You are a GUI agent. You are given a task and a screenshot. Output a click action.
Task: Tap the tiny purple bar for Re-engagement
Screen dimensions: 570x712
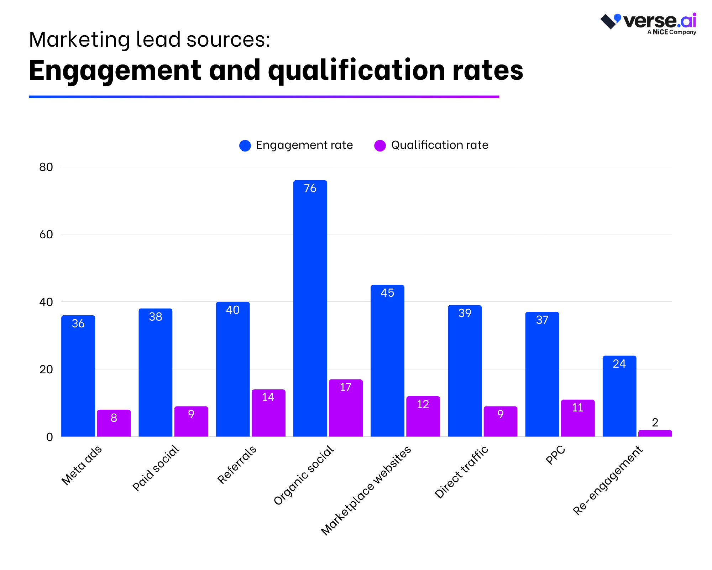click(x=655, y=433)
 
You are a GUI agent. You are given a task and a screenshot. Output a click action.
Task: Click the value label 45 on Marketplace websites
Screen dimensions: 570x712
click(x=387, y=293)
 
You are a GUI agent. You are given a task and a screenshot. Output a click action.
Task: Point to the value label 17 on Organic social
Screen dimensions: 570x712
click(x=345, y=387)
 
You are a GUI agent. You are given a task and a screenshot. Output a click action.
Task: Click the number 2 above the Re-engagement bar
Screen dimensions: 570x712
click(x=655, y=423)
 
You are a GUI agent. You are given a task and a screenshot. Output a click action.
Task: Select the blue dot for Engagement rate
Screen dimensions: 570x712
click(x=245, y=145)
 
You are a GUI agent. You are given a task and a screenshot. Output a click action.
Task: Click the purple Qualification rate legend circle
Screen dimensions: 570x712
click(x=380, y=145)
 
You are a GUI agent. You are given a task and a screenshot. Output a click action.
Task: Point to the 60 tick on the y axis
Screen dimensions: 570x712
click(x=46, y=234)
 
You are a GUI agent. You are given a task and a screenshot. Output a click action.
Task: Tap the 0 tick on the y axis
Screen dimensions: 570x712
click(x=49, y=437)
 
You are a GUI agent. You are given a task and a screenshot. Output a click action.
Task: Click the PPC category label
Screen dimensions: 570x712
click(x=555, y=455)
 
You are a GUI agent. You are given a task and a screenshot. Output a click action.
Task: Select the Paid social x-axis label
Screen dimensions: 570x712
click(x=156, y=468)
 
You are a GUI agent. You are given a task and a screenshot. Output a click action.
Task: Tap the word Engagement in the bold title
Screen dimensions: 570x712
click(x=115, y=70)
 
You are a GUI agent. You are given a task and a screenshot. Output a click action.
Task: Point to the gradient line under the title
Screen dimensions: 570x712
click(x=264, y=97)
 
